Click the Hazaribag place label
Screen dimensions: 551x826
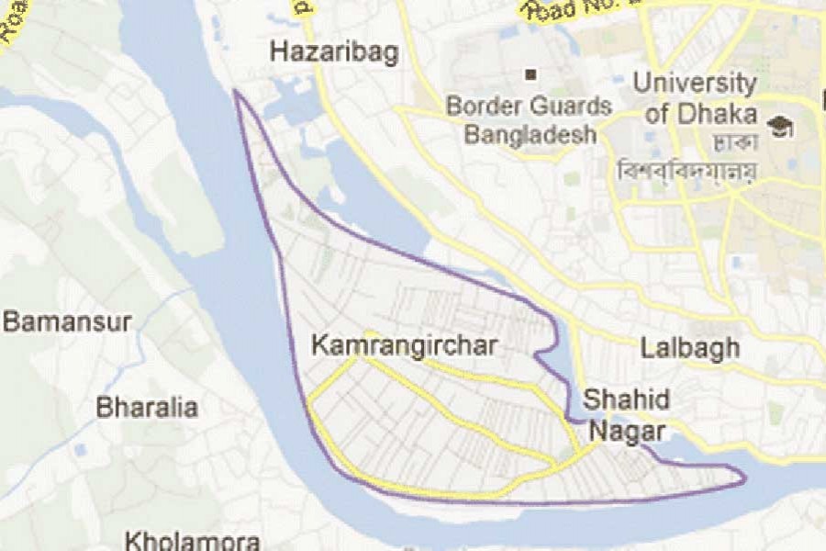(x=334, y=52)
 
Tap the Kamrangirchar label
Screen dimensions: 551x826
(x=404, y=346)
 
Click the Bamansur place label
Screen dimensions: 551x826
(x=67, y=322)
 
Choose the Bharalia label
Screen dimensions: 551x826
(x=147, y=407)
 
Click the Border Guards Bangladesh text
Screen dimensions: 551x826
(x=529, y=120)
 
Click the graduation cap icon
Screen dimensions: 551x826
(x=782, y=127)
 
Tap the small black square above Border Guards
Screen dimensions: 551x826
(x=530, y=73)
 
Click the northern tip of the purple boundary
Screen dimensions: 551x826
(x=236, y=91)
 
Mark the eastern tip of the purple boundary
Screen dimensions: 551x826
(x=744, y=478)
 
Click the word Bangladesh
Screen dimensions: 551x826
(x=530, y=135)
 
